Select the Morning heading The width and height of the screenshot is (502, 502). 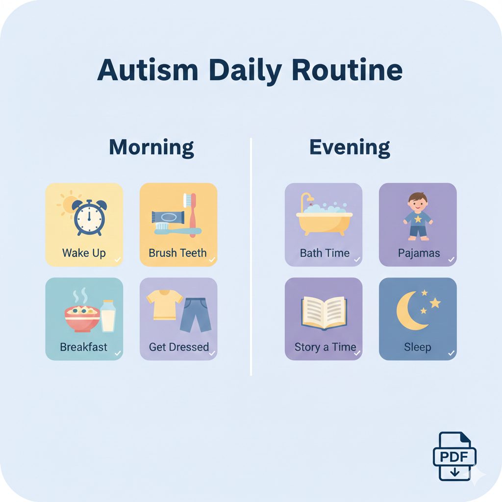click(151, 147)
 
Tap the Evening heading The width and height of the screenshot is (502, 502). click(350, 147)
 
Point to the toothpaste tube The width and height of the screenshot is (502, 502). click(167, 216)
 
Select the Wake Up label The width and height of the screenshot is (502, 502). click(83, 253)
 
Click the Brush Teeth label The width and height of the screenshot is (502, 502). click(177, 253)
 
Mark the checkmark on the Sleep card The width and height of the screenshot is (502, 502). click(451, 353)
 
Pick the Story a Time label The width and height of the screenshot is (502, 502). click(325, 347)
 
